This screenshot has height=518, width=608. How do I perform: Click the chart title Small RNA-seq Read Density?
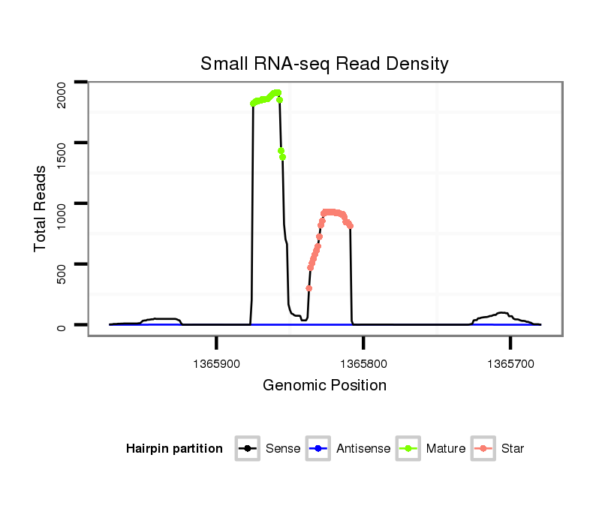pos(324,64)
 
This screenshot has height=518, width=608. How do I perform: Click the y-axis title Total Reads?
pos(41,209)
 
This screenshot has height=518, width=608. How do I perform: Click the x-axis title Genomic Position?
pos(324,386)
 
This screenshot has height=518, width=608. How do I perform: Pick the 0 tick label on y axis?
pos(62,325)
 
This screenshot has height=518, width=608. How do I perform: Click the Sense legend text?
pos(283,449)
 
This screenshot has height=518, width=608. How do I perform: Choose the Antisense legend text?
pos(363,449)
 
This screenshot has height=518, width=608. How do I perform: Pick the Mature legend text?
pos(446,449)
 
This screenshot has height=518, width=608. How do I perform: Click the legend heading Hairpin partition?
pos(174,449)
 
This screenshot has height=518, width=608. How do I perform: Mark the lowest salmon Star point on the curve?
pos(309,288)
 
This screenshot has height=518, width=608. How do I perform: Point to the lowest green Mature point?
pos(282,157)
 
